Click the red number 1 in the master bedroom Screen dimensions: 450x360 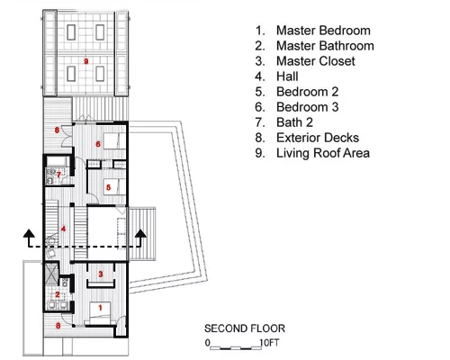(x=100, y=308)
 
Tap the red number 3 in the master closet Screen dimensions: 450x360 (x=101, y=274)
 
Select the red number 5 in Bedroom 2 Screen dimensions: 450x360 (x=108, y=187)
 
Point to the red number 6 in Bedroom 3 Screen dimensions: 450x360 (x=98, y=144)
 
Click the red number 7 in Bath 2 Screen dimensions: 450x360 (x=58, y=175)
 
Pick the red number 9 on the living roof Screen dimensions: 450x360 (x=86, y=61)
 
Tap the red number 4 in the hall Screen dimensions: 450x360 (x=63, y=229)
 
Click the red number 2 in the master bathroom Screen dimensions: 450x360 (x=58, y=294)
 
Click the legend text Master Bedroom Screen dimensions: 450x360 (x=323, y=31)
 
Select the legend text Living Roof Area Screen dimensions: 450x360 (x=323, y=153)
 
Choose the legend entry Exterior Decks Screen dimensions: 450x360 (x=318, y=138)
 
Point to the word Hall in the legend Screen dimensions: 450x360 (x=287, y=76)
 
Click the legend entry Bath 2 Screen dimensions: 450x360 (x=294, y=122)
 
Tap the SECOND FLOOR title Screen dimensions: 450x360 (x=245, y=328)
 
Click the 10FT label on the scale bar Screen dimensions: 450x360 (x=269, y=343)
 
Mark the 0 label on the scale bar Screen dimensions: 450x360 (x=208, y=343)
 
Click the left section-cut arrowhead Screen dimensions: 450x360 (x=29, y=234)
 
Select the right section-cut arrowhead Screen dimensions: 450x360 (x=140, y=234)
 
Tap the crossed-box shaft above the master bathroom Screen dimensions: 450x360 (x=51, y=274)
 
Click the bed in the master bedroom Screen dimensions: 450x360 (x=100, y=313)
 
